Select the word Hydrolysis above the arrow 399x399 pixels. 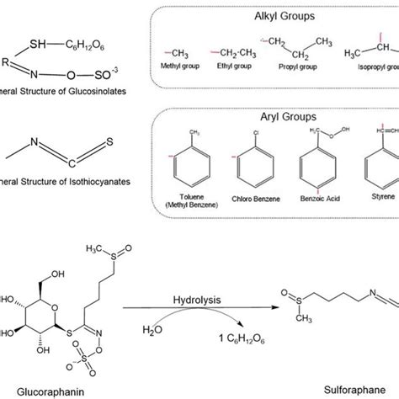tap(205, 300)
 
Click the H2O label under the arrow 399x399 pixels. tap(173, 330)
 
